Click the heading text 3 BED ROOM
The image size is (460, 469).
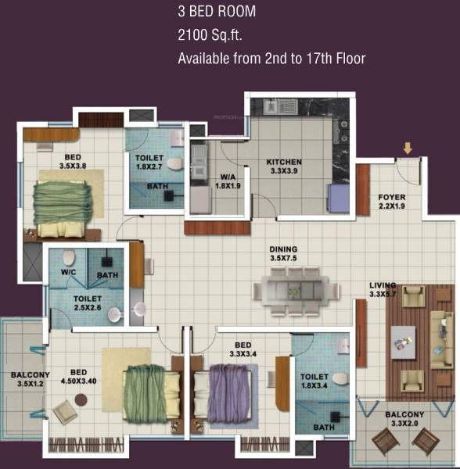click(216, 13)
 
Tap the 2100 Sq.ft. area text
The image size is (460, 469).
click(209, 35)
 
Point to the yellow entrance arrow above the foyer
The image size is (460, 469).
click(407, 149)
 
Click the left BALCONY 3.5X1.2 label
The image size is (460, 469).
click(30, 380)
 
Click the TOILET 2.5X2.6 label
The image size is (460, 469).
click(89, 303)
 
